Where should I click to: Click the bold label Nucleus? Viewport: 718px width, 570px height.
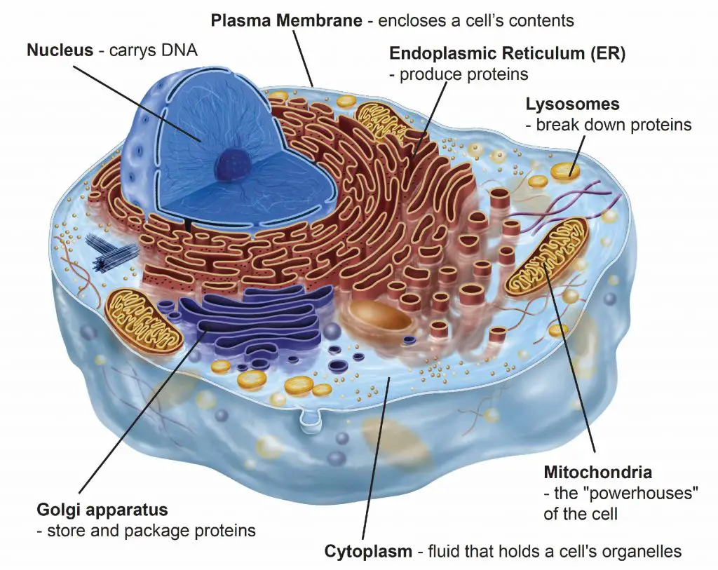click(60, 50)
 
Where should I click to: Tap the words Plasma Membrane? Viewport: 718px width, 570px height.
click(286, 20)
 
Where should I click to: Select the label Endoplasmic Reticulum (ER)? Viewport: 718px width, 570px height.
click(508, 53)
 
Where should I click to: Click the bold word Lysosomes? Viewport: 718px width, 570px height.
click(572, 104)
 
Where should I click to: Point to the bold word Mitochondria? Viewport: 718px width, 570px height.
click(597, 472)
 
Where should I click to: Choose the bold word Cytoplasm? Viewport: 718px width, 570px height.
click(368, 551)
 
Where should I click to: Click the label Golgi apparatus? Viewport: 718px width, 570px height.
click(102, 510)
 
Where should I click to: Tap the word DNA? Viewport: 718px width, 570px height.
click(179, 50)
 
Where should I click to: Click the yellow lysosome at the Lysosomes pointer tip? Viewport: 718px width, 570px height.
click(564, 171)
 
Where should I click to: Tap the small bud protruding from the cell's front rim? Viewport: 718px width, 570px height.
click(311, 420)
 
